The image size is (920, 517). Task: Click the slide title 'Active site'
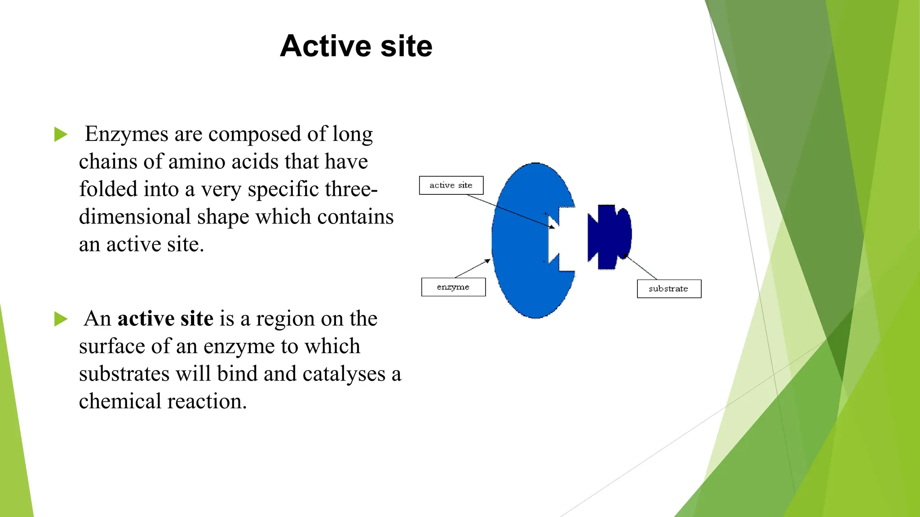[x=356, y=46]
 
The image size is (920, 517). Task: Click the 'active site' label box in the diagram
[x=451, y=185]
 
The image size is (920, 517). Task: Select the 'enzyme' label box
[x=453, y=287]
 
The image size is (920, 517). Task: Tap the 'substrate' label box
[x=669, y=289]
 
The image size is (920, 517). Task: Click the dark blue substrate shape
[x=609, y=237]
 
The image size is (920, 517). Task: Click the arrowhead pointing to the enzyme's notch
[x=553, y=227]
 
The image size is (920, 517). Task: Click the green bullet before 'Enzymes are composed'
[x=61, y=134]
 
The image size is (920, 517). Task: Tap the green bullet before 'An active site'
[x=61, y=319]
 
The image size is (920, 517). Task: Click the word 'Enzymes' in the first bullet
[x=126, y=134]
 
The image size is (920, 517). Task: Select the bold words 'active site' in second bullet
[x=165, y=319]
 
